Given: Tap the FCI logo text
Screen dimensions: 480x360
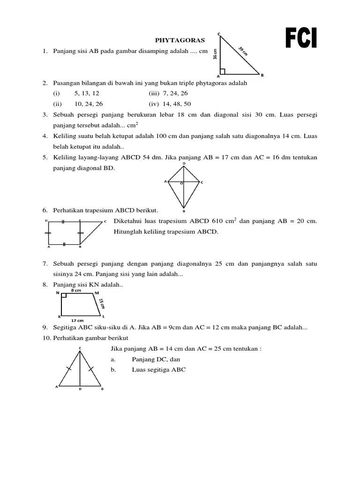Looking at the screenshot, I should coord(301,38).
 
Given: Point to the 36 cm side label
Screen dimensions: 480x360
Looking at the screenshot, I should coord(215,54).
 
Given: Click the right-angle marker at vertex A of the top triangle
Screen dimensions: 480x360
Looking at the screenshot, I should coord(222,72).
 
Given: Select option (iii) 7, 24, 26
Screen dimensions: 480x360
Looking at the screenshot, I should coord(168,93).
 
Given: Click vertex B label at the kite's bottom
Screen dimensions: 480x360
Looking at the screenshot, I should coord(184,211).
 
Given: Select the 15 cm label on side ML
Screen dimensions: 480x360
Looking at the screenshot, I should coord(101,302).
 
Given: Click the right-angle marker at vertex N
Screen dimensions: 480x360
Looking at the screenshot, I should coord(64,296).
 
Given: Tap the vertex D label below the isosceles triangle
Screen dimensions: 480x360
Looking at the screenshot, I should coord(80,389).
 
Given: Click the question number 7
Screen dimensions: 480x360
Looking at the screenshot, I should coord(45,264).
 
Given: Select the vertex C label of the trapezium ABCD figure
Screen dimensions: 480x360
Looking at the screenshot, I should coord(105,221).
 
